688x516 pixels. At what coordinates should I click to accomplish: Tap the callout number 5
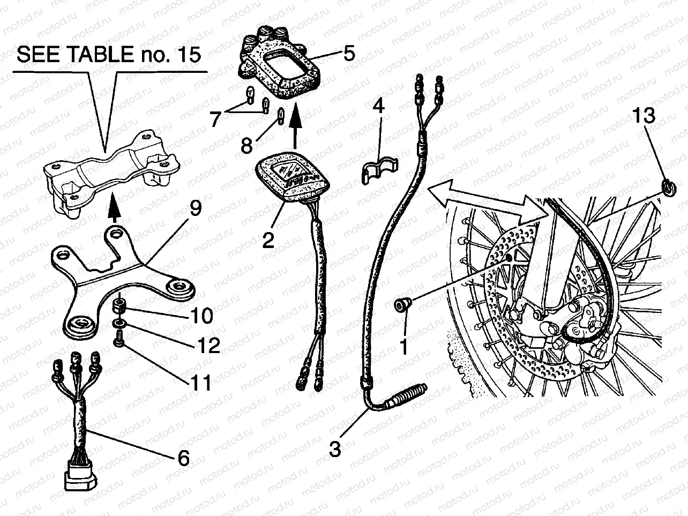349,54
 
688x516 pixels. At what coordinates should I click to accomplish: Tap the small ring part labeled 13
667,187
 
